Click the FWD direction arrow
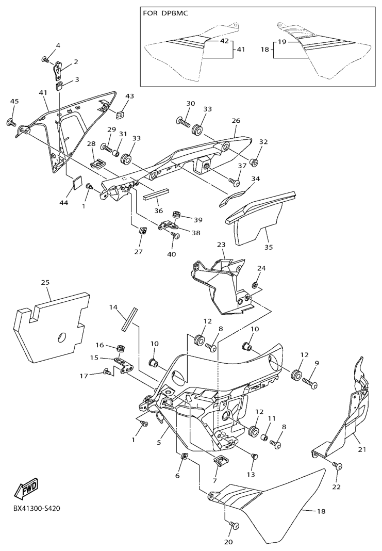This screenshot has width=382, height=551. [26, 489]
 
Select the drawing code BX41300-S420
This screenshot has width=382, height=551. [34, 509]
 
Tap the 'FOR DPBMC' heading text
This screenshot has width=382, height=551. [165, 13]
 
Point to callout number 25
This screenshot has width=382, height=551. [45, 282]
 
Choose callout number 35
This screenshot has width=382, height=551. [268, 247]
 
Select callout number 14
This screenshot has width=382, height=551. [113, 307]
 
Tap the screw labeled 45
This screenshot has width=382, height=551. [11, 123]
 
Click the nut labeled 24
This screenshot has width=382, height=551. [255, 284]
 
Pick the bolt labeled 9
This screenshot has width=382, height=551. [309, 382]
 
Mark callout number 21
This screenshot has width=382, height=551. [362, 449]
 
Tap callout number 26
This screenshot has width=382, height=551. [236, 121]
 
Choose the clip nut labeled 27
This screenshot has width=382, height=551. [143, 231]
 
